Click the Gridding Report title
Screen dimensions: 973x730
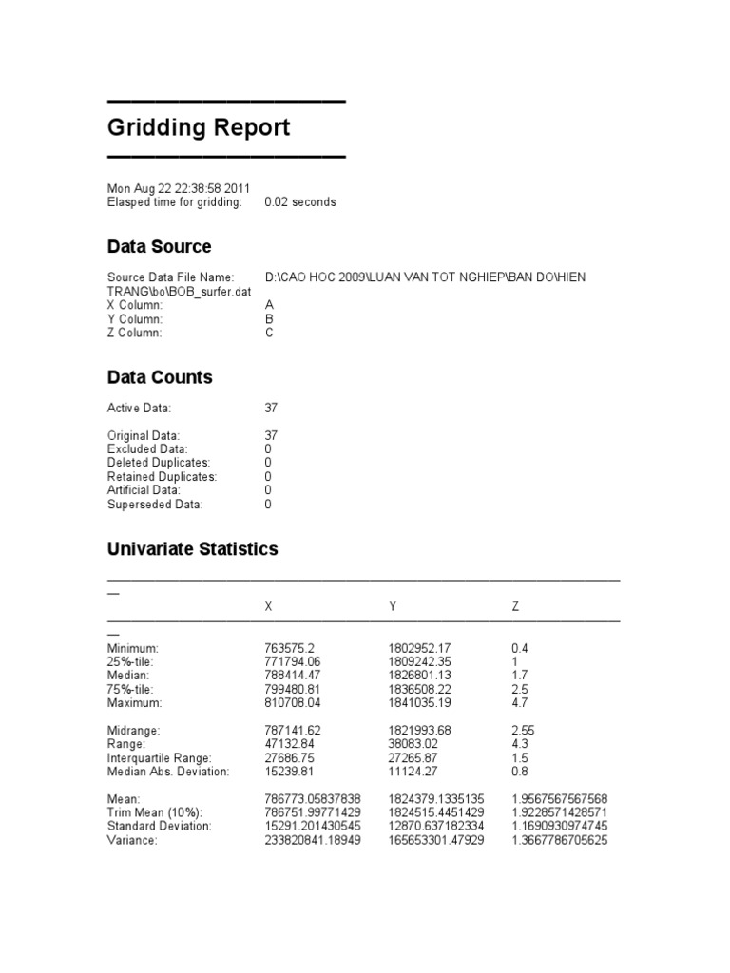point(199,128)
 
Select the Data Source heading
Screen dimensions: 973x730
point(159,247)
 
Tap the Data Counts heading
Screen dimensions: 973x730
point(160,377)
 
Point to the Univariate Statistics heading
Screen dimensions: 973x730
point(192,549)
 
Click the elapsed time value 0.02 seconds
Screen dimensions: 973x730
point(299,202)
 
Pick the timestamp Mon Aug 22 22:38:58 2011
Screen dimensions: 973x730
point(179,188)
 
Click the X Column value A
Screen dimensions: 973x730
point(269,306)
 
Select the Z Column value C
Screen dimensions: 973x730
point(269,334)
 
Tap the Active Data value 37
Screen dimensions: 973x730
point(271,408)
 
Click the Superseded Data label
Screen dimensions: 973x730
point(155,505)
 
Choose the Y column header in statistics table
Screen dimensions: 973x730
point(393,606)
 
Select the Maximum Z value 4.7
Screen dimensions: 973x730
point(519,703)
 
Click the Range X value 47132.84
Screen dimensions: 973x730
point(294,744)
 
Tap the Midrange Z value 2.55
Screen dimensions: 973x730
point(523,731)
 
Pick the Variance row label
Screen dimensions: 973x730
point(132,841)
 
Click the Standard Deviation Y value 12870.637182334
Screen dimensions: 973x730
point(435,827)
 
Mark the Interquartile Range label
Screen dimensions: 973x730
point(162,758)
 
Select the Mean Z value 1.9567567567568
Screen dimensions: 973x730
point(559,799)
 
